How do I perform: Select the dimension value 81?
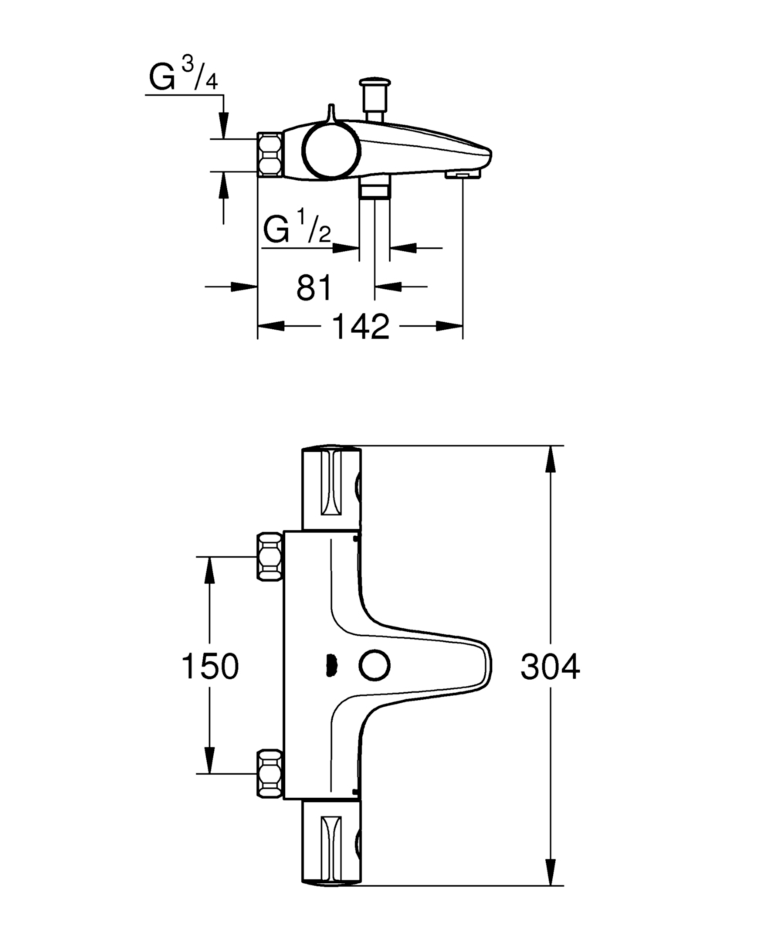[314, 287]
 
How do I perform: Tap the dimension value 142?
[361, 326]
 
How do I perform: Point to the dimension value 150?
[210, 666]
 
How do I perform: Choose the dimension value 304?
[550, 666]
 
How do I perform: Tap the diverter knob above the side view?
[375, 100]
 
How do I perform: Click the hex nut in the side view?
[270, 154]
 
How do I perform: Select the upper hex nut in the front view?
[270, 556]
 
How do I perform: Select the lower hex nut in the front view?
[270, 774]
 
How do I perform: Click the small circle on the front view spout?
[375, 666]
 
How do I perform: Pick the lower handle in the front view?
[332, 843]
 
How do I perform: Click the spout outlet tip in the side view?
[463, 175]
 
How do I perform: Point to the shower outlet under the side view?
[375, 186]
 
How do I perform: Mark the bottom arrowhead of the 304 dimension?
[551, 872]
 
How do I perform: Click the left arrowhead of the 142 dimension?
[271, 326]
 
